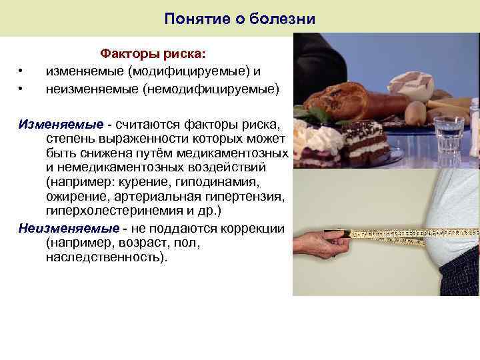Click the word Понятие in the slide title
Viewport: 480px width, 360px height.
point(191,19)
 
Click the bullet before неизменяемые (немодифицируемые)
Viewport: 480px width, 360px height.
point(22,88)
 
